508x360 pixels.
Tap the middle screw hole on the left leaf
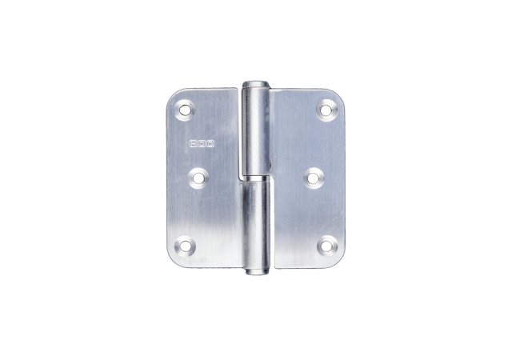pos(197,176)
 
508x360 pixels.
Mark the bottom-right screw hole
pos(326,245)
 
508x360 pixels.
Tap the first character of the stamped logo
pos(194,145)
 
